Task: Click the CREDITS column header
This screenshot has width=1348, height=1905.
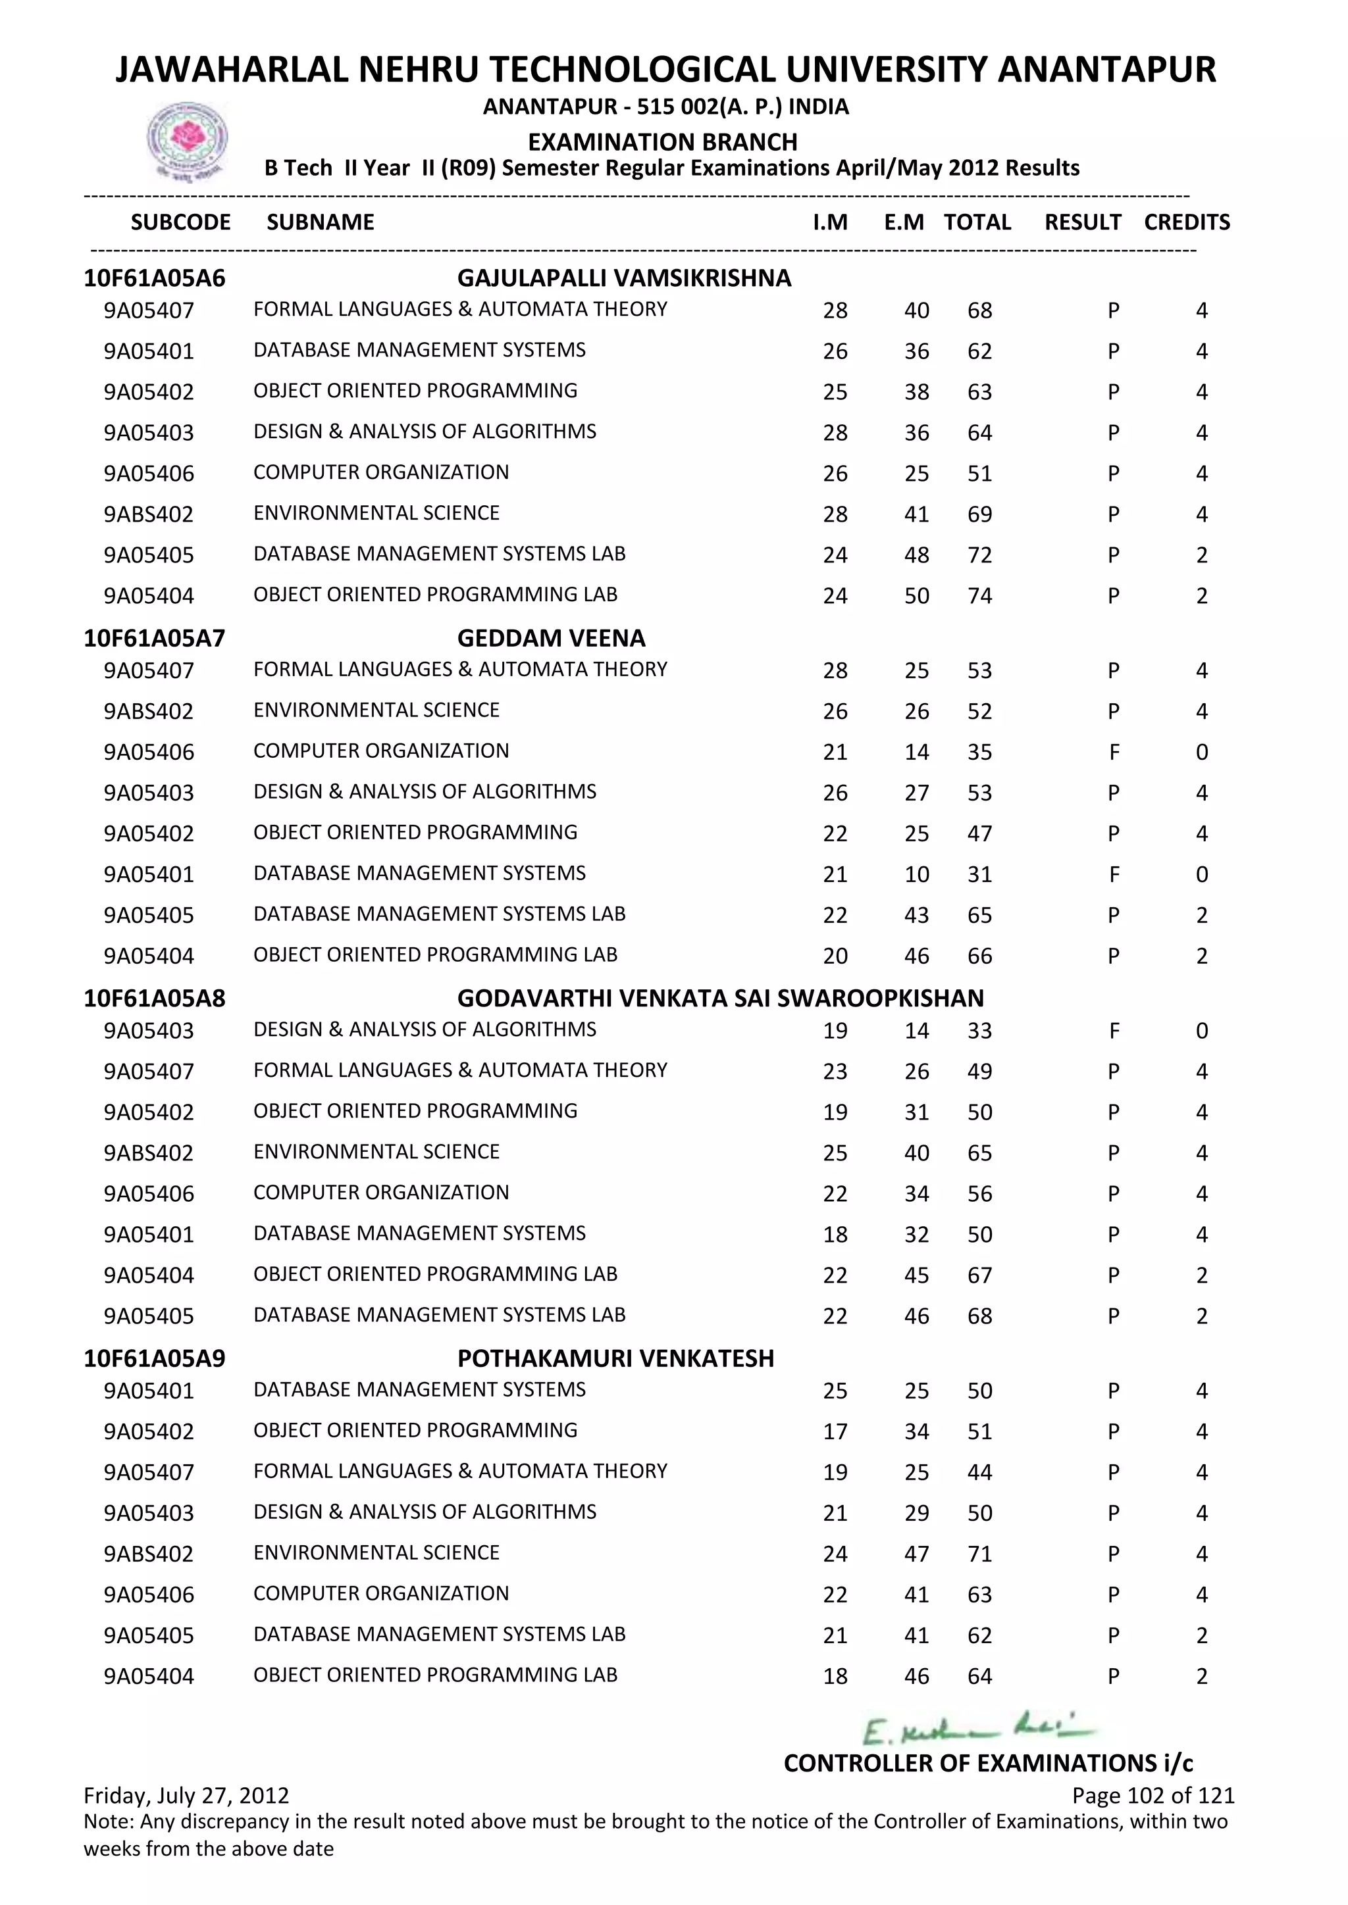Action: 1186,222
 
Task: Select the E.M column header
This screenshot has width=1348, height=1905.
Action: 903,222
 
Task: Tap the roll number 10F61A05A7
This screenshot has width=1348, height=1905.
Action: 155,638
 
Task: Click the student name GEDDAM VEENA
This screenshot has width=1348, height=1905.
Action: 550,638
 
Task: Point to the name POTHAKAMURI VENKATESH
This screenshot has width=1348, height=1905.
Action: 615,1358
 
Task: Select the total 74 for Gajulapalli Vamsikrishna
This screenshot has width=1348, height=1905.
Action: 979,596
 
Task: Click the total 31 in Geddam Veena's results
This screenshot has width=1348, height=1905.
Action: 979,874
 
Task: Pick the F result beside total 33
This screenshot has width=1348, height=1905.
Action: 1113,1031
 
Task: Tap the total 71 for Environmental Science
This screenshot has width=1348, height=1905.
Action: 979,1554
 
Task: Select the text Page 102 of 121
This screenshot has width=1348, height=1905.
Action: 1153,1796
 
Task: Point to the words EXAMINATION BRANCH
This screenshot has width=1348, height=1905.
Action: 662,142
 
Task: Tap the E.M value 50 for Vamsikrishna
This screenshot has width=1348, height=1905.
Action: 916,596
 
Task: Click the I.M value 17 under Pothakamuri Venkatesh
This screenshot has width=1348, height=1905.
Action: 835,1431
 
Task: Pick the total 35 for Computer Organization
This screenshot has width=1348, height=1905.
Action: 979,753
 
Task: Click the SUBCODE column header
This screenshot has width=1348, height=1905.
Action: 180,222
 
